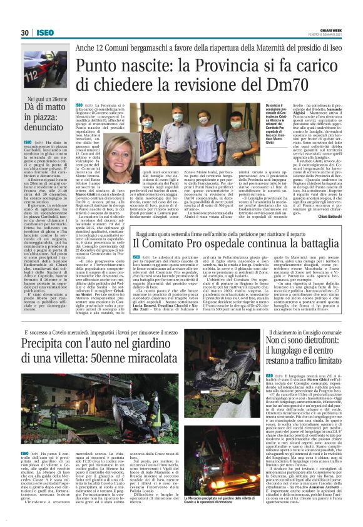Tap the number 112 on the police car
(x=30, y=68)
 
